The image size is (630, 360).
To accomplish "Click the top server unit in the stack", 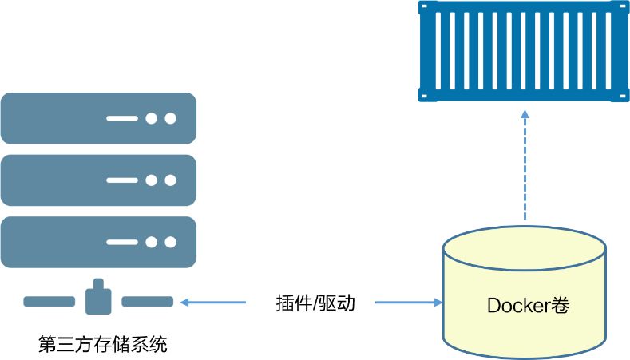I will [x=98, y=118].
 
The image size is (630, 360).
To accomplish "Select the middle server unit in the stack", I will [x=98, y=180].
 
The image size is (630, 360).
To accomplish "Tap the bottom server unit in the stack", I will [x=98, y=242].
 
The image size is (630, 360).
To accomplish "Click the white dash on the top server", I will [x=122, y=119].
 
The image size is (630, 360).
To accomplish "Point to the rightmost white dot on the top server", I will [x=170, y=119].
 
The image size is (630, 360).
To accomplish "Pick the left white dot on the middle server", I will [x=152, y=180].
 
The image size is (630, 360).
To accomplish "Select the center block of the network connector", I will [x=97, y=299].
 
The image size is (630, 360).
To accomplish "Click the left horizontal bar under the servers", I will [x=49, y=302].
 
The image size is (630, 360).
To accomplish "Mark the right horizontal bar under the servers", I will [x=147, y=302].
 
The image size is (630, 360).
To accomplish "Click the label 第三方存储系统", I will [x=103, y=346].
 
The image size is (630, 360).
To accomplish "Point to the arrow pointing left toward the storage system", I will [x=213, y=303].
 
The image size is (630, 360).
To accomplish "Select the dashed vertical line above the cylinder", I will [x=525, y=172].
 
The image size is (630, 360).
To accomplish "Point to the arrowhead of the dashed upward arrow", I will [x=525, y=114].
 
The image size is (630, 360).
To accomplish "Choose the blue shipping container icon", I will [x=524, y=51].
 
